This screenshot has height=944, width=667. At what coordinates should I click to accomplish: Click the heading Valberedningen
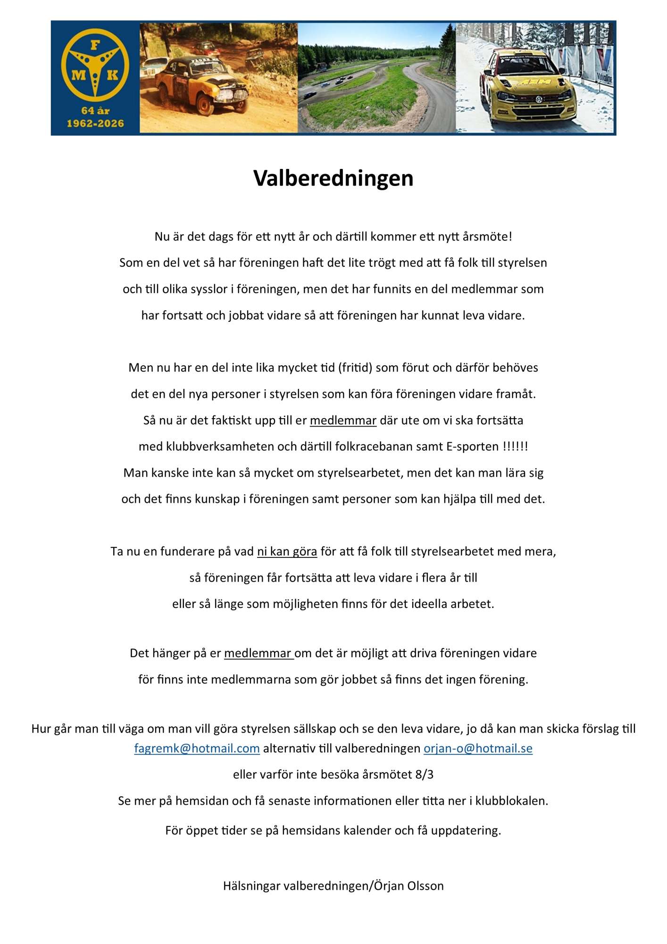point(333,178)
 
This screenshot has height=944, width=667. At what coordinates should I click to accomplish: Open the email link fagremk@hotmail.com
point(197,748)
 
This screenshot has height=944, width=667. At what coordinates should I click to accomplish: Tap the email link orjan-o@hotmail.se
point(478,748)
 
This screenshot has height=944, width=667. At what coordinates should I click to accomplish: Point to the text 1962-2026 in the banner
point(95,124)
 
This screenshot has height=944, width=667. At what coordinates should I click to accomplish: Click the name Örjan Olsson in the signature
point(409,886)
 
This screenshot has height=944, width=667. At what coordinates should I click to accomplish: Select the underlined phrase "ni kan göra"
point(287,551)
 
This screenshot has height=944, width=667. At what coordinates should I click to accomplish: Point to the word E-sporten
point(472,447)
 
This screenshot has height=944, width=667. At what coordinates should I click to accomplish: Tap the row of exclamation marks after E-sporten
point(515,447)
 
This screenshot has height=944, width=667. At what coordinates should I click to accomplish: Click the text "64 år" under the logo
point(95,111)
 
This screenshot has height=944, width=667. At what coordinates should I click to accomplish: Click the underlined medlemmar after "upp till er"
point(343,421)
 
